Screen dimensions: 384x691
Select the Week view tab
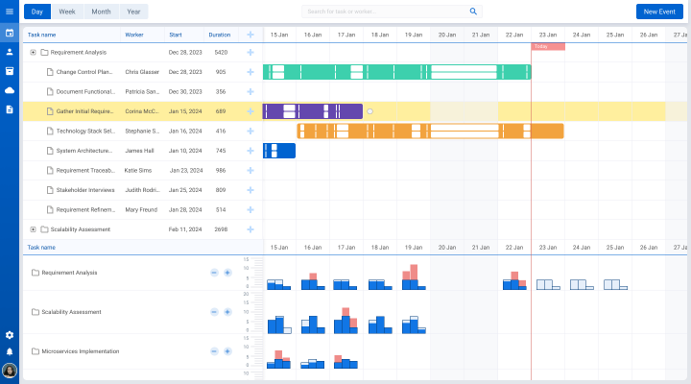[68, 12]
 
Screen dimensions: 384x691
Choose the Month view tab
[101, 12]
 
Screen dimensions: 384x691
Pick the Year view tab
[133, 12]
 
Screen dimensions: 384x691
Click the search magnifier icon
[473, 12]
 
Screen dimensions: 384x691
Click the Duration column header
[220, 35]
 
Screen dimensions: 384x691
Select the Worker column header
[134, 35]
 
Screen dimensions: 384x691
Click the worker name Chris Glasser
[141, 72]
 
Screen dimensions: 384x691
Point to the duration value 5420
[221, 52]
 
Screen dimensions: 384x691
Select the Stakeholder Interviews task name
[84, 190]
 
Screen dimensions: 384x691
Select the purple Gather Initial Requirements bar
[312, 111]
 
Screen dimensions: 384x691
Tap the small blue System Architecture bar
[279, 151]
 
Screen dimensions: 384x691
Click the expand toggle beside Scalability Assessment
[33, 229]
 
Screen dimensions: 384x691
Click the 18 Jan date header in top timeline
[380, 35]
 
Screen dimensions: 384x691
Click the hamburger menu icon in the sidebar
[10, 12]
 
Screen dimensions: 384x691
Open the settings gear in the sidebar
[10, 335]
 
